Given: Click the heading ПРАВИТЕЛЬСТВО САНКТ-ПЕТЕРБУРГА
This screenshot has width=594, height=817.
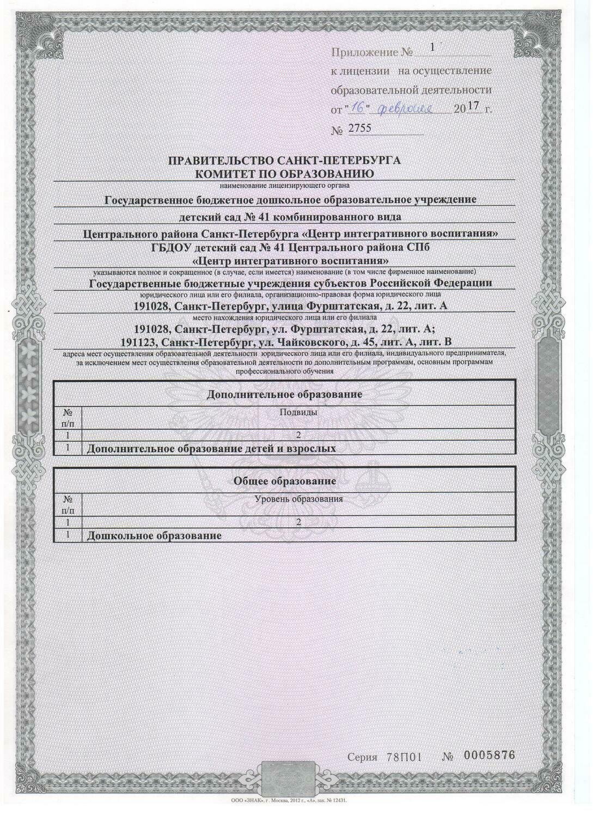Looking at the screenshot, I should point(284,161).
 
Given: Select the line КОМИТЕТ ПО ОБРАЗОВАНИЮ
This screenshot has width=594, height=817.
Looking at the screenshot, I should point(284,174).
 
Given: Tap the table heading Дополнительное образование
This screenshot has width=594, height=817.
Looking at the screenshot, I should point(284,394).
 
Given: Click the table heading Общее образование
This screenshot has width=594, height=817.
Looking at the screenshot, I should point(284,481).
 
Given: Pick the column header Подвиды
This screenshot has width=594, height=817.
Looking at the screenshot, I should point(298,412).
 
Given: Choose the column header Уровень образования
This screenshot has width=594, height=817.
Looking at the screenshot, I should point(298,499).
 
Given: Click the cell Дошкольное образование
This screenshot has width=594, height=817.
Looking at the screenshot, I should point(154,536).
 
